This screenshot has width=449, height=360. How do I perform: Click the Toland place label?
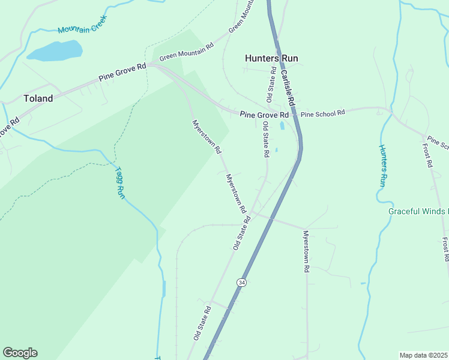coord(38,98)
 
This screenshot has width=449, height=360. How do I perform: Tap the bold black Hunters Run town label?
coord(271,58)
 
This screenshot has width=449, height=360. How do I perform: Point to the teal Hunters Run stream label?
coord(382,165)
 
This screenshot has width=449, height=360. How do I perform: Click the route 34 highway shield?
coord(241,281)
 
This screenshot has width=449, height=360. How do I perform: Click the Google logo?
coord(20,353)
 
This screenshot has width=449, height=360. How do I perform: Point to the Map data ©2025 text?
coord(423,355)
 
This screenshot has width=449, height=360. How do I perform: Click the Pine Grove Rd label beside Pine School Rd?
coord(264,115)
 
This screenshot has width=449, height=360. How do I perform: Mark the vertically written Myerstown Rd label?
coord(306,252)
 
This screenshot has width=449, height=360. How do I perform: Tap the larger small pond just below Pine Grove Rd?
coord(282,126)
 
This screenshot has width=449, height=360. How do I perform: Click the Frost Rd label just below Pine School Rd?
coord(427,155)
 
